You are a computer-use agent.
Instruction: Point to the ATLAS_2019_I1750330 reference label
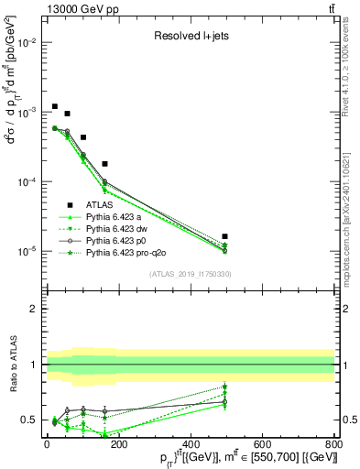(189, 273)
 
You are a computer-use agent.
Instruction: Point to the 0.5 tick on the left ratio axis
(30, 420)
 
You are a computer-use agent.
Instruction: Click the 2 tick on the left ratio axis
(34, 309)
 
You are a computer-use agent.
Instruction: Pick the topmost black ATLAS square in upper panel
(55, 106)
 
